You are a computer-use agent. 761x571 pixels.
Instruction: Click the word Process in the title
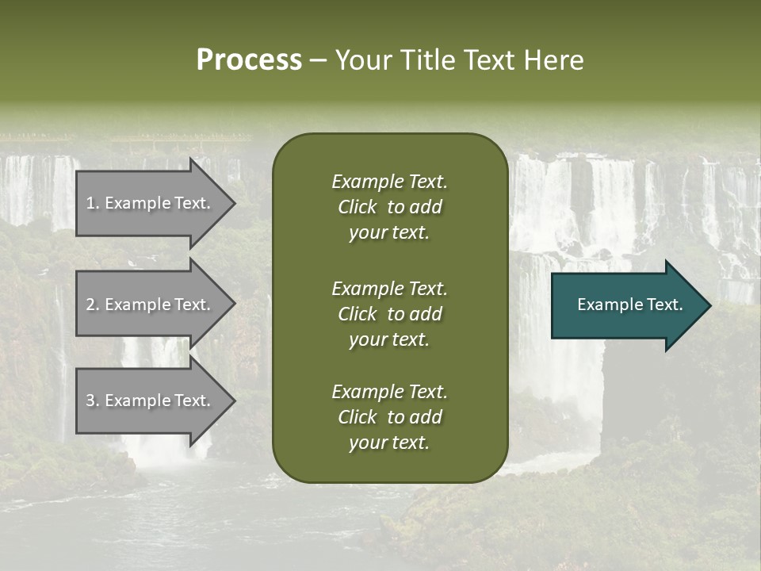click(x=249, y=60)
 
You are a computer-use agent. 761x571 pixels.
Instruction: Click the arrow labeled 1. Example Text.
click(x=151, y=203)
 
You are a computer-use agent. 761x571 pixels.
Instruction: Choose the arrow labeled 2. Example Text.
click(x=151, y=305)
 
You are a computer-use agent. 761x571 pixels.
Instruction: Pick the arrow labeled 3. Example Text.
click(x=151, y=400)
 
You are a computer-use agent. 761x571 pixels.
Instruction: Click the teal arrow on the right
click(x=626, y=305)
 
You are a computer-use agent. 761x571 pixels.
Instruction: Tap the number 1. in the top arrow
click(x=93, y=203)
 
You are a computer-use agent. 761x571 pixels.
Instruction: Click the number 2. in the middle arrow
click(x=93, y=305)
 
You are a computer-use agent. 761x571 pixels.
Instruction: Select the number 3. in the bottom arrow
click(x=93, y=400)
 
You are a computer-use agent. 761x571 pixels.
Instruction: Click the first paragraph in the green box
click(x=389, y=207)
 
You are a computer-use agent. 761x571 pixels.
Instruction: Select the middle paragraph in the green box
click(x=389, y=313)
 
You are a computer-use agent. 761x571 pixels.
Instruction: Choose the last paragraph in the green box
click(x=389, y=417)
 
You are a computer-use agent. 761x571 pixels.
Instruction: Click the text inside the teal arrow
click(x=629, y=305)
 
